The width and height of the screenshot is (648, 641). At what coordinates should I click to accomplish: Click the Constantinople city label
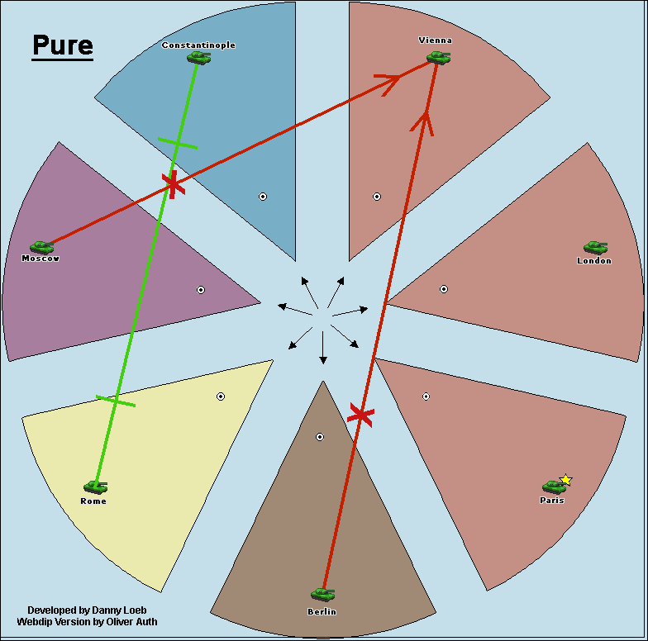[198, 45]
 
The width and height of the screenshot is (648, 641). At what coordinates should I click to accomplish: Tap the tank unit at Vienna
[438, 58]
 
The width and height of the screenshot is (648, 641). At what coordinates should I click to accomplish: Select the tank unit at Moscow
[41, 247]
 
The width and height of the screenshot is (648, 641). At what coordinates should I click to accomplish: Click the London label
[593, 261]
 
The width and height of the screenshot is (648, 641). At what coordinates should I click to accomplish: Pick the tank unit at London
[595, 247]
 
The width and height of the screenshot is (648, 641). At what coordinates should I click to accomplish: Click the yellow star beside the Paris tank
[566, 480]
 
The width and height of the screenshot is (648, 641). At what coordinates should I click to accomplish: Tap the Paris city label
[551, 501]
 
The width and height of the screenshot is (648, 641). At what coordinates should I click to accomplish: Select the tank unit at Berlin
[322, 594]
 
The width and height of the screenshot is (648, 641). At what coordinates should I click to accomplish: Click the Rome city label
[93, 501]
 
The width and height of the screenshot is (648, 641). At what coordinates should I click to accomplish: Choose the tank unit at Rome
[95, 487]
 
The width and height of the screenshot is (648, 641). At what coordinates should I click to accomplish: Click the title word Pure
[62, 45]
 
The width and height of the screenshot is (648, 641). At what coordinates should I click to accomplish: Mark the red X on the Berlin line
[360, 415]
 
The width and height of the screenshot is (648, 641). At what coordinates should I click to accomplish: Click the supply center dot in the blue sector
[263, 197]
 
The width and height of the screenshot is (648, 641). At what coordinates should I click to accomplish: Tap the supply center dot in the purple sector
[200, 290]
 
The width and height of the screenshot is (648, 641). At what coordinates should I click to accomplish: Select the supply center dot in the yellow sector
[221, 396]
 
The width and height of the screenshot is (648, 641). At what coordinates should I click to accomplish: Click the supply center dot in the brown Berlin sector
[320, 437]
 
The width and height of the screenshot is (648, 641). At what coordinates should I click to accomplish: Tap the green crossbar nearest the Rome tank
[116, 401]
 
